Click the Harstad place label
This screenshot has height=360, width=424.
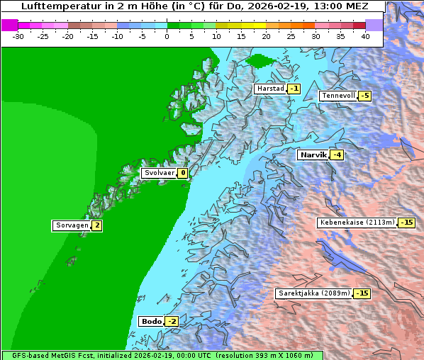click(270, 89)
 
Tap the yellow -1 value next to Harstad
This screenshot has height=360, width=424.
click(294, 89)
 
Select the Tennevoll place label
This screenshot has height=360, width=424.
click(338, 96)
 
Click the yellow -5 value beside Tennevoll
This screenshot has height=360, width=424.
click(364, 96)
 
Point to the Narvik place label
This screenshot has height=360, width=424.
click(313, 154)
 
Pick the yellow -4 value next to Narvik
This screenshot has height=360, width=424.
click(337, 155)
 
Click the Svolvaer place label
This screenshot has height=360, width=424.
click(159, 172)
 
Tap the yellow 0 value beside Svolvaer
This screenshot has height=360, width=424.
click(182, 172)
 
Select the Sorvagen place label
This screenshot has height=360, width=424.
click(72, 225)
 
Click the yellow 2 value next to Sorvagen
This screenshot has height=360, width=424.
click(97, 225)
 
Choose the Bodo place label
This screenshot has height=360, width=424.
click(151, 321)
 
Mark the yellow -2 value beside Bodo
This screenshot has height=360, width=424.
click(172, 321)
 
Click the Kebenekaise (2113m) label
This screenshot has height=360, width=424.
click(357, 222)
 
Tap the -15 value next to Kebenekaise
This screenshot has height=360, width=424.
click(406, 222)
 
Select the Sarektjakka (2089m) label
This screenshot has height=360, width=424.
click(314, 293)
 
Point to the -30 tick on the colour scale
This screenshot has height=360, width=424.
click(18, 35)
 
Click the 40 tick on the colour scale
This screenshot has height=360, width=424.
click(364, 35)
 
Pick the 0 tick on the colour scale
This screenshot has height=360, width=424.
click(167, 35)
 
